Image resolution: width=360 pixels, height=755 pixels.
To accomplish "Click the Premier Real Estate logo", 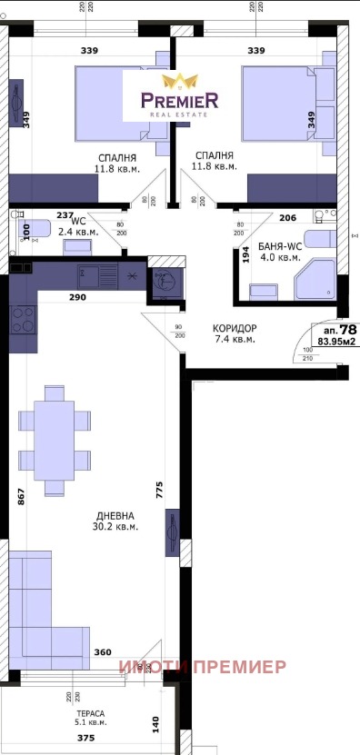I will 178,94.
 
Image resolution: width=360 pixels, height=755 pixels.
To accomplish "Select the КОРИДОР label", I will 234,328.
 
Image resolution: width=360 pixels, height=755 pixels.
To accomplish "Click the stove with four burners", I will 23,319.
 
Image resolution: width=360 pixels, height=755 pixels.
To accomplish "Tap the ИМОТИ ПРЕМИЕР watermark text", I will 202,668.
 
